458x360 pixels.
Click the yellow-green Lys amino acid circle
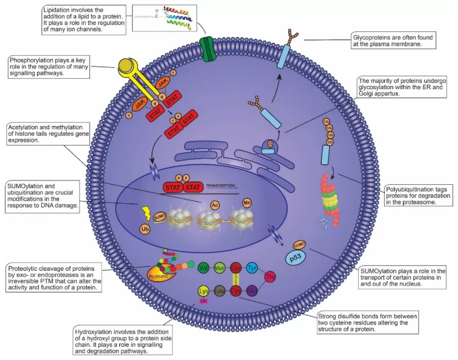click(x=204, y=290)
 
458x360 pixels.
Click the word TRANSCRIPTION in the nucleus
click(x=221, y=186)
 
